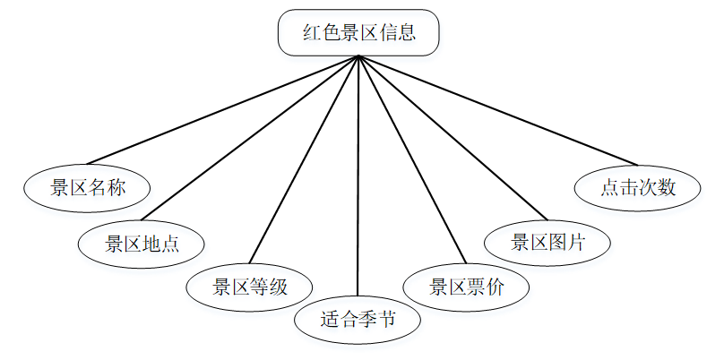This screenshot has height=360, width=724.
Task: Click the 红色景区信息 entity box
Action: coord(358,33)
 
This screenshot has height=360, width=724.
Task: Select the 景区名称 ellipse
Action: coord(87,188)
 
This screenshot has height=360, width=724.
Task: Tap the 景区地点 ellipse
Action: coord(142,243)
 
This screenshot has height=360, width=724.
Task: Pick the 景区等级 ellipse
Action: coord(249,287)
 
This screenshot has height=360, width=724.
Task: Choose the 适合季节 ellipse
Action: coord(358,320)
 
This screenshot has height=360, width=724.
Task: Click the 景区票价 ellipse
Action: coord(466,287)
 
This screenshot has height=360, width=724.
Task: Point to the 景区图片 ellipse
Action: coord(547,243)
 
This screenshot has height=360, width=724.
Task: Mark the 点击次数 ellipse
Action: coord(637,188)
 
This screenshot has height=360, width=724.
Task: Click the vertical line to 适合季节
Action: coord(358,179)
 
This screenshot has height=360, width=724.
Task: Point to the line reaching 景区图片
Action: coord(452,138)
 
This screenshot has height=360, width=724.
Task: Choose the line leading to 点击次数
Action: coord(497,110)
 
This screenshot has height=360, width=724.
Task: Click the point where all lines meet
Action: coord(358,56)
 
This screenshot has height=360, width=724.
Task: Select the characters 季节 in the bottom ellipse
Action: coord(377,320)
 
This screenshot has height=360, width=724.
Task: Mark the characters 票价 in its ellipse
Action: coord(486,287)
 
